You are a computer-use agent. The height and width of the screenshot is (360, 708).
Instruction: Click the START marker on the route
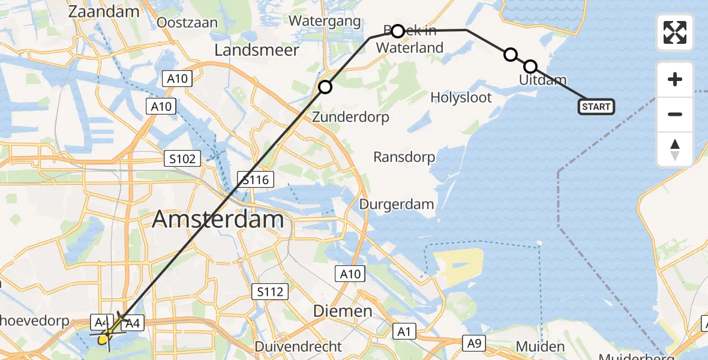pos(596,107)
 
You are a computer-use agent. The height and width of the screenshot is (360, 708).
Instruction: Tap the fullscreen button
pos(675,32)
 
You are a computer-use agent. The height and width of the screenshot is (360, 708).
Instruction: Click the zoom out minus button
pos(675,114)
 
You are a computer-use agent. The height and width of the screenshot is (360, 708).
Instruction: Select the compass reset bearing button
pos(675,149)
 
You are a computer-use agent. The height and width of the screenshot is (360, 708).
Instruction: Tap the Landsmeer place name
pos(256,50)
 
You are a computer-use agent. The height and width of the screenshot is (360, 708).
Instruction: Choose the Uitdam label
pos(542,80)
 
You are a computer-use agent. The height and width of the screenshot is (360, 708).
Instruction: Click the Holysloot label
pos(461,97)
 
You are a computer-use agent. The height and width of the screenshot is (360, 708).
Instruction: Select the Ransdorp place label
pos(404,157)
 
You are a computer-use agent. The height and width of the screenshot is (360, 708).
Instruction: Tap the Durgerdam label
pos(397,204)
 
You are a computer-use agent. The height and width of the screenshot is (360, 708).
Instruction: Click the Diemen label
pos(343,311)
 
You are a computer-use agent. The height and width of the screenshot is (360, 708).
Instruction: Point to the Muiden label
pos(540,347)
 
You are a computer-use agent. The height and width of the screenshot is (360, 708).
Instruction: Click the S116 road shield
pos(256,179)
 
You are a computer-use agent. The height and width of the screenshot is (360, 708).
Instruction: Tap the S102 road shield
pos(182,158)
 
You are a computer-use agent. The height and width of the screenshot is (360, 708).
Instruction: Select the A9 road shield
pos(474,343)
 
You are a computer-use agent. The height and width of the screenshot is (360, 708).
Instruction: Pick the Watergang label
pos(325,22)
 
